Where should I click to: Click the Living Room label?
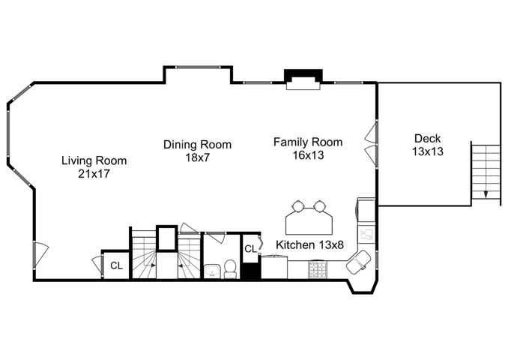(94, 160)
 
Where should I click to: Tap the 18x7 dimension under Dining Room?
(197, 157)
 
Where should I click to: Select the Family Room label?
(308, 142)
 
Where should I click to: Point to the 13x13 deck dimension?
(428, 151)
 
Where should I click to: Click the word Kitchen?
(294, 244)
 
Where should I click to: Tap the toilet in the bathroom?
(230, 269)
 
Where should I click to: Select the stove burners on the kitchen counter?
(317, 270)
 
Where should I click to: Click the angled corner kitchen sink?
(358, 262)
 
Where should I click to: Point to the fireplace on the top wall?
(303, 79)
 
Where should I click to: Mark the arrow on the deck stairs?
(486, 194)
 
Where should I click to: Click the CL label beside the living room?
(117, 265)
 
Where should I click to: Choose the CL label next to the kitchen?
(250, 249)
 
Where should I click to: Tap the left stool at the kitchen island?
(298, 206)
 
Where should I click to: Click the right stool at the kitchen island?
(320, 206)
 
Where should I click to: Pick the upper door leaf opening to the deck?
(372, 133)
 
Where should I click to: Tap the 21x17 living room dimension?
(94, 174)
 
